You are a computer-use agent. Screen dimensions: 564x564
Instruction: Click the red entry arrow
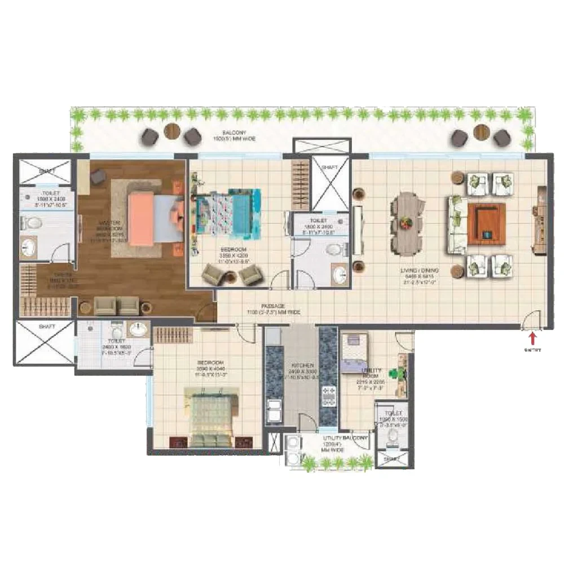(x=531, y=338)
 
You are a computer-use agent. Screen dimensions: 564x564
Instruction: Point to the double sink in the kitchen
(x=275, y=410)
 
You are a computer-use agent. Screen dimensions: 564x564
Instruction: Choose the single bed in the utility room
(x=354, y=352)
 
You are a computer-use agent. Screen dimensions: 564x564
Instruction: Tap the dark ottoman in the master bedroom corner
(x=98, y=177)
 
